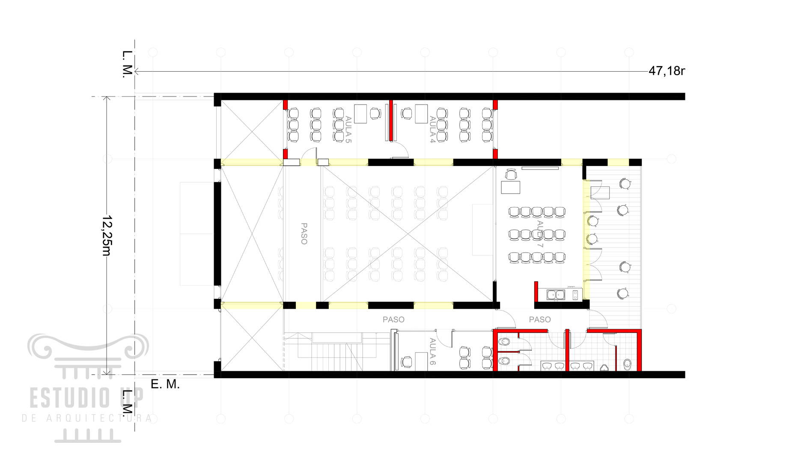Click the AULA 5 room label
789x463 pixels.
click(348, 129)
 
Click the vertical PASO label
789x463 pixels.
click(304, 234)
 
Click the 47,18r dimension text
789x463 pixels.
click(667, 71)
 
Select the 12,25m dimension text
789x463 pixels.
click(106, 235)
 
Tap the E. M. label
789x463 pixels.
click(165, 384)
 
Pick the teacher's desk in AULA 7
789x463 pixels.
click(510, 187)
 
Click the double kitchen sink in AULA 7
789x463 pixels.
click(556, 295)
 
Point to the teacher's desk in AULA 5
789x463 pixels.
click(360, 114)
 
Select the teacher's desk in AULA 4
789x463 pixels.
click(421, 114)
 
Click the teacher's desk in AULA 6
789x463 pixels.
click(421, 361)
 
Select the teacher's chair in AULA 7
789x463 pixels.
click(511, 174)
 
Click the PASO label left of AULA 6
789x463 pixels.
click(393, 319)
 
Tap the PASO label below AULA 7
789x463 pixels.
click(540, 319)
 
